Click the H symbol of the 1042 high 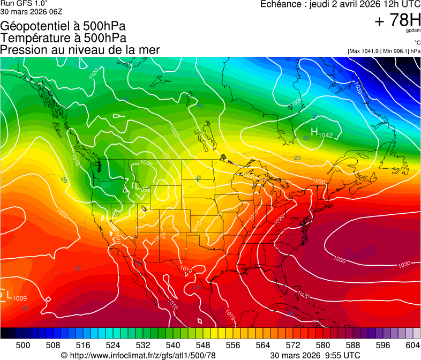click(315, 131)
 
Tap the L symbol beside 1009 click(9, 294)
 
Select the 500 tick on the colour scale click(23, 345)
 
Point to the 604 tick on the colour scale click(413, 345)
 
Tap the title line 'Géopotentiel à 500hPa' click(63, 26)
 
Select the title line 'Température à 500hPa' click(63, 37)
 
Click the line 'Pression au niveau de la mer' click(80, 50)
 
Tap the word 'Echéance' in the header click(278, 4)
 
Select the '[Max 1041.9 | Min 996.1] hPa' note click(384, 51)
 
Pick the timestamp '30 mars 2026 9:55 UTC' click(315, 355)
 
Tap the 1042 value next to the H click(326, 135)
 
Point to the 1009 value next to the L click(20, 298)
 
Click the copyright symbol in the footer click(64, 355)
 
